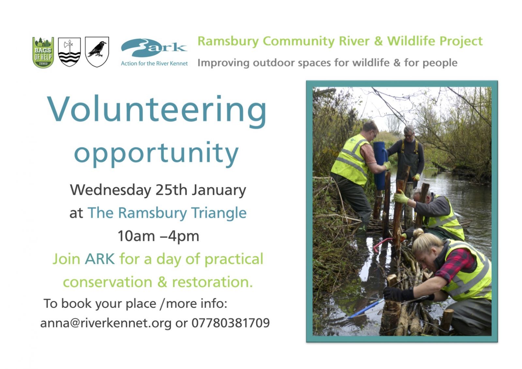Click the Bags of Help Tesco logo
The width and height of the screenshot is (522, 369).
pyautogui.click(x=43, y=52)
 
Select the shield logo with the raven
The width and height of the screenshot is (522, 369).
pyautogui.click(x=97, y=52)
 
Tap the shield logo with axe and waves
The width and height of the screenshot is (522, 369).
pyautogui.click(x=69, y=52)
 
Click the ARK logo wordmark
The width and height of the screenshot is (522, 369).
pyautogui.click(x=154, y=48)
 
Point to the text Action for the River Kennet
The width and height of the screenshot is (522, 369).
pyautogui.click(x=154, y=63)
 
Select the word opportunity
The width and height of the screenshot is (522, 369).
pyautogui.click(x=156, y=154)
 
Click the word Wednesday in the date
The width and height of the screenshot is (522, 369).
pyautogui.click(x=111, y=190)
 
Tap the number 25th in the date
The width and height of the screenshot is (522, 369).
pyautogui.click(x=171, y=190)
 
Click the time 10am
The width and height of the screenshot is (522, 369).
pyautogui.click(x=136, y=236)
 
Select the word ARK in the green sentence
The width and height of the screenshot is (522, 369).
pyautogui.click(x=100, y=259)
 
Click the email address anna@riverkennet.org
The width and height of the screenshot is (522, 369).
pyautogui.click(x=106, y=323)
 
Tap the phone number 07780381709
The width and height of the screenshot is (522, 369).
pyautogui.click(x=231, y=323)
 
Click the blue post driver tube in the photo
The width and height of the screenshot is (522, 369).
pyautogui.click(x=380, y=165)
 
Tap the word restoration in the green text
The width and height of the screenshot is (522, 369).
pyautogui.click(x=212, y=282)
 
